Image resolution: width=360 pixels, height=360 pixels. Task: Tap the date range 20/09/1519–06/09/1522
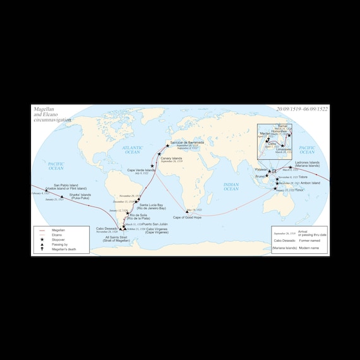302,109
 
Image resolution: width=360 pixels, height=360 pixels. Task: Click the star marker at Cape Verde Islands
152,165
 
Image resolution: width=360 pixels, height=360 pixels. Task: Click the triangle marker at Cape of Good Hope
187,211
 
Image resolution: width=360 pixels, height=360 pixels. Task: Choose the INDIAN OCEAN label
231,186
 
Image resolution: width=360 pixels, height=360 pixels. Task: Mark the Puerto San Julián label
155,224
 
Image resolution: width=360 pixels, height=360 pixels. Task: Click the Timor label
299,189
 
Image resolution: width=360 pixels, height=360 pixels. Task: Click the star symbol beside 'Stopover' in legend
41,241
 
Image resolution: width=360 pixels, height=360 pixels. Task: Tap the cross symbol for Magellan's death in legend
41,249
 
